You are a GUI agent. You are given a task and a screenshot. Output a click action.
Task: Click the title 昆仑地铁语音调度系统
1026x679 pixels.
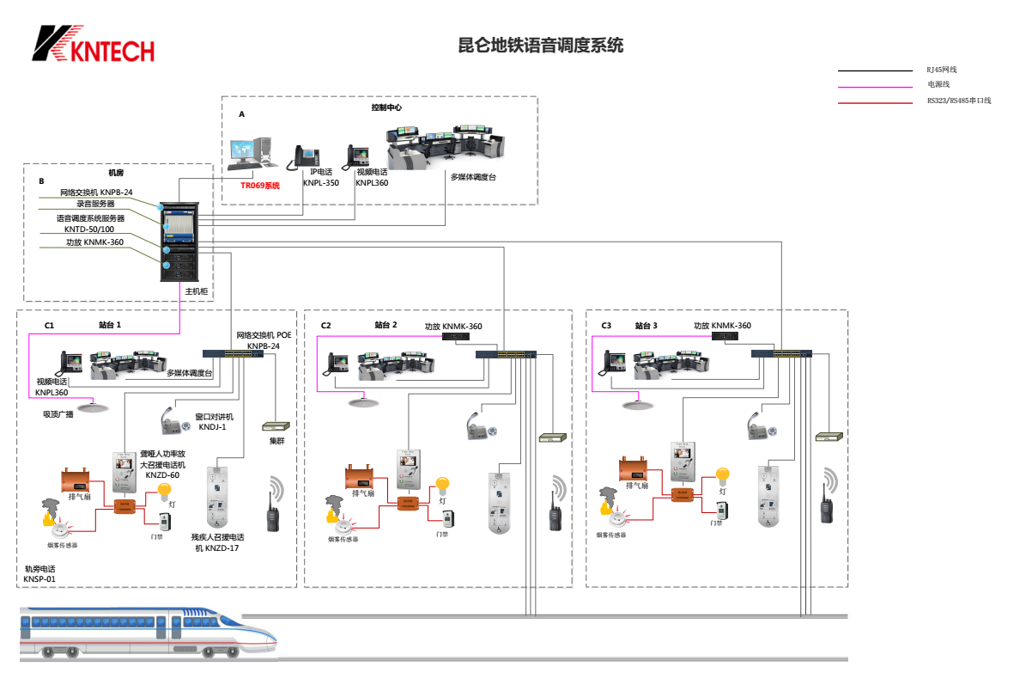click(541, 46)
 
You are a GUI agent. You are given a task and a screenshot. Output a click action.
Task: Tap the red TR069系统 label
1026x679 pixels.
click(260, 185)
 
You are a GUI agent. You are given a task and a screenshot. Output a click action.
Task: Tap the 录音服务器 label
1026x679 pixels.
click(95, 205)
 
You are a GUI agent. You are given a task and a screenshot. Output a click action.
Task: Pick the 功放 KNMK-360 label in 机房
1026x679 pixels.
click(94, 242)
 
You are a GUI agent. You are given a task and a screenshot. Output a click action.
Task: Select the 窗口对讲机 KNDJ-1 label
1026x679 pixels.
click(214, 421)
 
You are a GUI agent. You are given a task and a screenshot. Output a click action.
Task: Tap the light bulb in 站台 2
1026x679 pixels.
click(442, 486)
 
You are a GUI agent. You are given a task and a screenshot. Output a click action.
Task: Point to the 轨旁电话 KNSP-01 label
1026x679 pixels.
click(39, 574)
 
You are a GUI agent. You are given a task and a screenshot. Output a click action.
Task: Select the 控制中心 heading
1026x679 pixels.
click(386, 108)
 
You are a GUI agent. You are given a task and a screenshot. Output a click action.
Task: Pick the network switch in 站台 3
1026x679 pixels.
click(781, 353)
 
